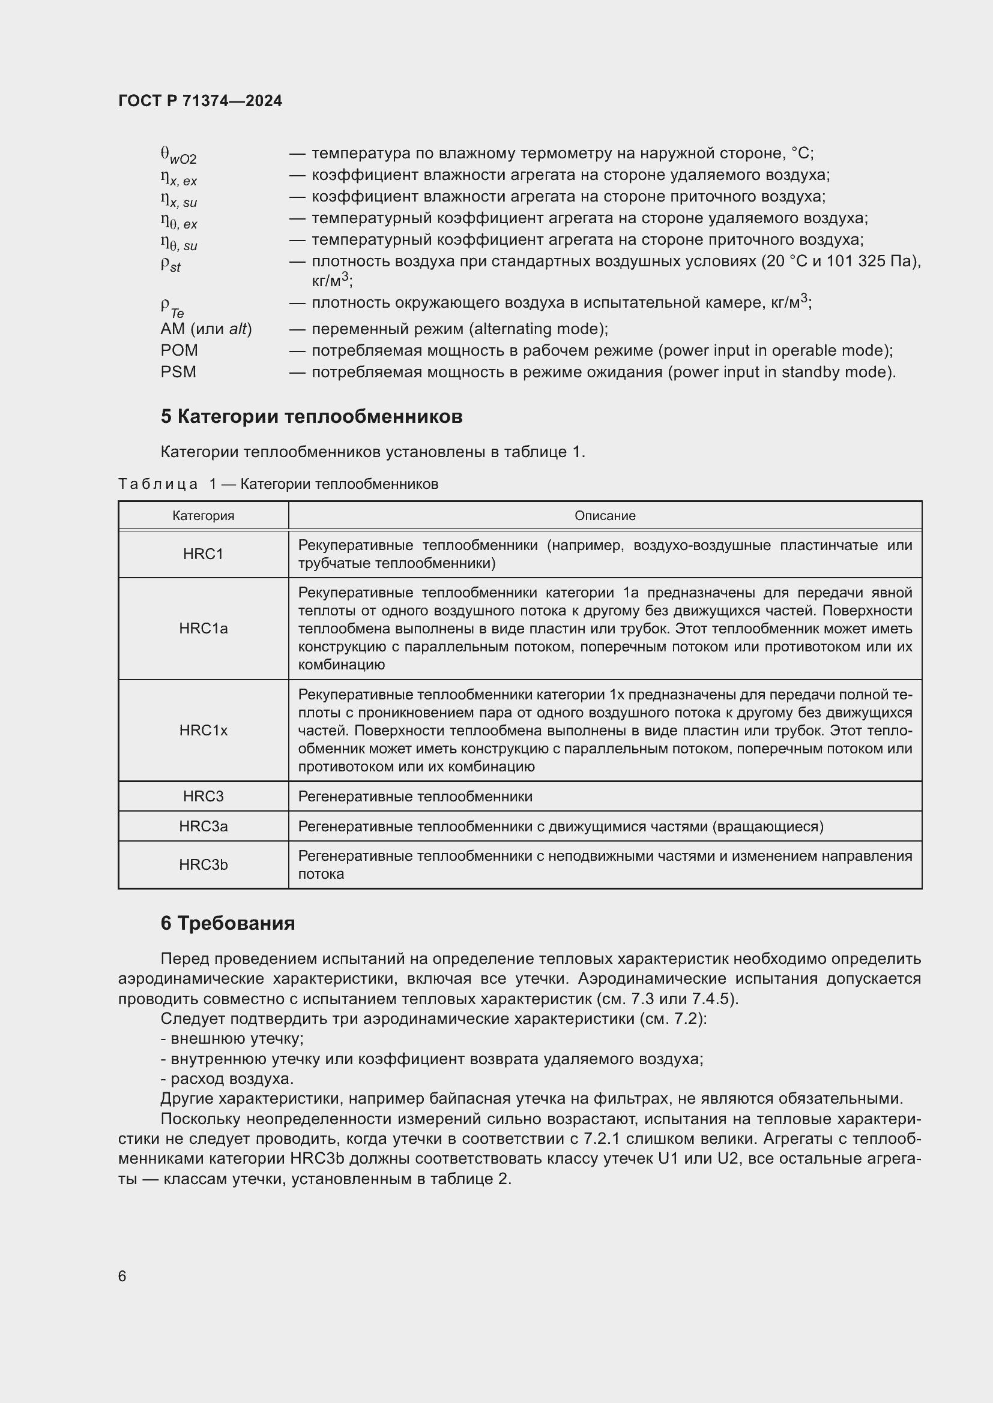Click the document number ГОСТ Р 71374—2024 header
coord(200,101)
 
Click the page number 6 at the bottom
coord(122,1276)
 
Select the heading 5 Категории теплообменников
coord(311,417)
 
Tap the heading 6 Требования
coord(228,923)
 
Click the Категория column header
coord(203,516)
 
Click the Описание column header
coord(605,516)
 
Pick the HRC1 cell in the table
coord(203,554)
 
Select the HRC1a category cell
coord(203,629)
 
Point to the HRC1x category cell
coord(203,731)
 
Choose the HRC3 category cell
coord(203,797)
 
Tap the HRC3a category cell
coord(203,827)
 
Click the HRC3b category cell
coord(203,866)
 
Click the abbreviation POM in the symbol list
coord(179,351)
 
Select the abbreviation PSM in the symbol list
coord(178,372)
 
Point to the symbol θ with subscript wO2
coord(178,155)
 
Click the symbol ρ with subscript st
coord(171,264)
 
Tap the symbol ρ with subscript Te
coord(172,306)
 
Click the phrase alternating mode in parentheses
coord(538,329)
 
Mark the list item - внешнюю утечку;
coord(232,1039)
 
